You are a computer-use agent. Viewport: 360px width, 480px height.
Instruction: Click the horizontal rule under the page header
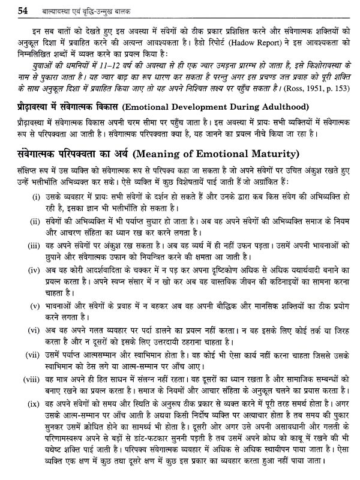click(179, 17)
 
